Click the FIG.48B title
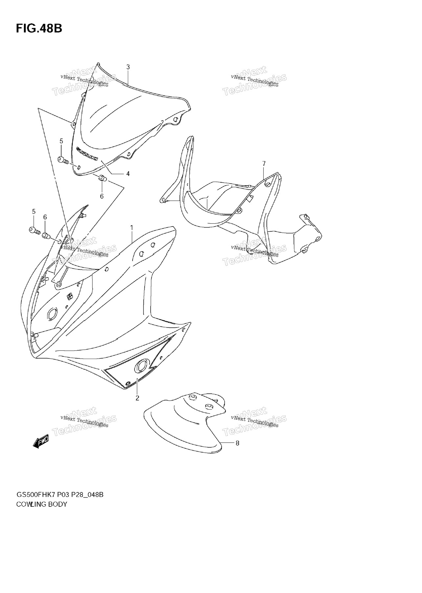(x=39, y=29)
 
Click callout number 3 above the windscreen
(x=128, y=67)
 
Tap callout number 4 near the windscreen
(x=128, y=174)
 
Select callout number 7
(x=264, y=164)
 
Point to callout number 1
(x=132, y=228)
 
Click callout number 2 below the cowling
(x=137, y=398)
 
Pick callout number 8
(x=237, y=443)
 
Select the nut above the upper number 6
(x=102, y=179)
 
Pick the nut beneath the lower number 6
(x=46, y=235)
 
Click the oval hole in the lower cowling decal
(x=142, y=366)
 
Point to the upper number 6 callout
(x=102, y=196)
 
